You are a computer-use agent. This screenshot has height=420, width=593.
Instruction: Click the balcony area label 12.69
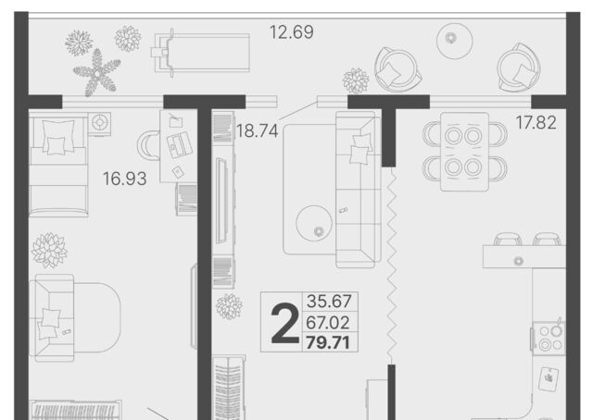click(x=291, y=32)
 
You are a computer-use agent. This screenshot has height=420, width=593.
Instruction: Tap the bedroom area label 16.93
click(x=125, y=179)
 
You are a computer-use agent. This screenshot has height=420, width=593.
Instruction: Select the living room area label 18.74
click(x=258, y=131)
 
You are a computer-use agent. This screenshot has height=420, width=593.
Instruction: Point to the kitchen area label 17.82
click(x=536, y=123)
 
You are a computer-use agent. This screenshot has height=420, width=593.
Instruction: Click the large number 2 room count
click(x=285, y=325)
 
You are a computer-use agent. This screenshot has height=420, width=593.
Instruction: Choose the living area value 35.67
click(x=329, y=301)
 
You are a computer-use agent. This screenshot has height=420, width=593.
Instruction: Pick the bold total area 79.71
click(x=327, y=342)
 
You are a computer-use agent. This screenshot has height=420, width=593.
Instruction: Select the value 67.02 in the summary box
click(x=327, y=323)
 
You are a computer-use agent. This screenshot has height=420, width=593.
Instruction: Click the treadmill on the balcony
click(x=200, y=53)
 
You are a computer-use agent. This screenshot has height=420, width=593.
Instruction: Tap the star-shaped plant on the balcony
click(x=97, y=72)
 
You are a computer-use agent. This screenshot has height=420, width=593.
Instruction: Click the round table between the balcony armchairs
click(x=455, y=41)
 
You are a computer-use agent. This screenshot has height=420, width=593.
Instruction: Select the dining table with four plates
click(x=464, y=152)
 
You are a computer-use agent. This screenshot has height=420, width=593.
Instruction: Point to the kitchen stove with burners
click(x=549, y=339)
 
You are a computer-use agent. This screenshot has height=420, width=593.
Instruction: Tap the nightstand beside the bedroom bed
click(x=99, y=123)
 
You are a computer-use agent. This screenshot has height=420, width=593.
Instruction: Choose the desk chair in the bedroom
click(x=147, y=145)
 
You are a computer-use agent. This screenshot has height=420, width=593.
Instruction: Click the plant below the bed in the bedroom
click(x=49, y=250)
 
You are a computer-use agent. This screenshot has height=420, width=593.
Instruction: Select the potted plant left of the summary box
click(x=229, y=306)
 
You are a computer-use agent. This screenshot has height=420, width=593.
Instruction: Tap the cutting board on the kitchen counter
click(x=549, y=378)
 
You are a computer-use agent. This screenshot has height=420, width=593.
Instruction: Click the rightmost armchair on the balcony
click(x=518, y=68)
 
